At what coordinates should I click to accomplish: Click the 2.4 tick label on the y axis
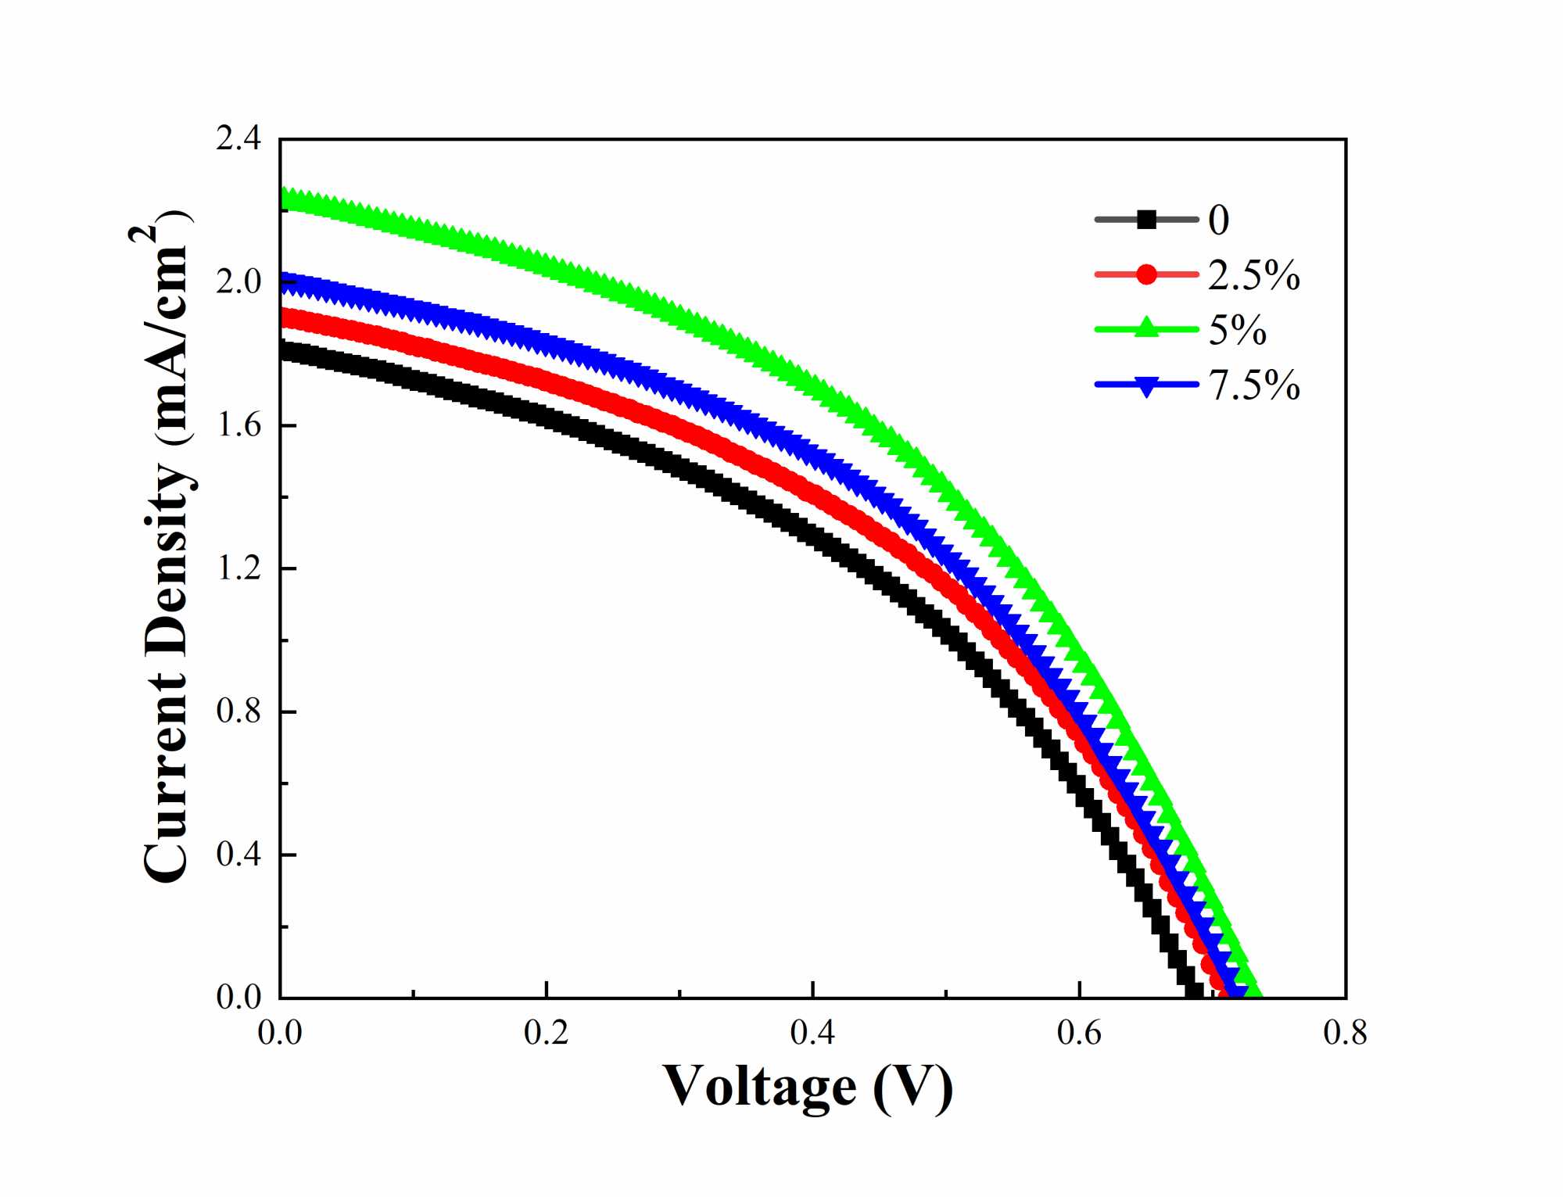click(238, 139)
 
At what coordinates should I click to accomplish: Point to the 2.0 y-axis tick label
click(238, 282)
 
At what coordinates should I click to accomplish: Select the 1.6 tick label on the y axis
click(238, 425)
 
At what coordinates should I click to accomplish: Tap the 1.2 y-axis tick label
click(238, 568)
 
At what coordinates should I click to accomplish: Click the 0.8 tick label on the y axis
click(238, 711)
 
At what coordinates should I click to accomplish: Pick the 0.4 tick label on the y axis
click(238, 855)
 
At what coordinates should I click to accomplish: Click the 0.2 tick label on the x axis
click(546, 1034)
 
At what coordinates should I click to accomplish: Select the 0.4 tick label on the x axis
click(812, 1034)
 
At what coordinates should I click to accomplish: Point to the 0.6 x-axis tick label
click(1079, 1034)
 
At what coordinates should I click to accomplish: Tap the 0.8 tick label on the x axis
click(1345, 1034)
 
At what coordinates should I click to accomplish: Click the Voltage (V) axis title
click(808, 1087)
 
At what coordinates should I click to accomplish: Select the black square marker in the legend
click(1146, 220)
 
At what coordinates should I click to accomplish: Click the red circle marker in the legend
click(1146, 274)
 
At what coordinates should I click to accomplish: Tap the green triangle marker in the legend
click(1146, 328)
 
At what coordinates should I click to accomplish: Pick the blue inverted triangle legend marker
click(1146, 385)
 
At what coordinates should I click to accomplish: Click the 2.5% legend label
click(1253, 275)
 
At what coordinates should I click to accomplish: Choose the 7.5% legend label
click(1253, 385)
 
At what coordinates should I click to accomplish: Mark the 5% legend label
click(1237, 330)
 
